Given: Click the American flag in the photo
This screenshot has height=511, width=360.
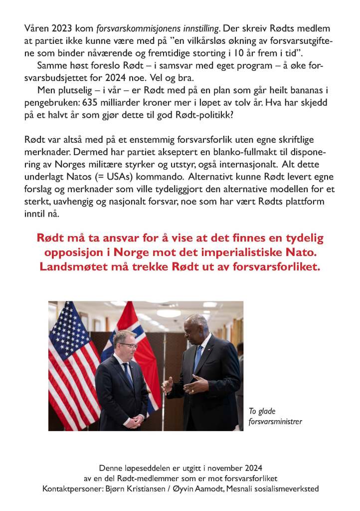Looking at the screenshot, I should pyautogui.click(x=70, y=359).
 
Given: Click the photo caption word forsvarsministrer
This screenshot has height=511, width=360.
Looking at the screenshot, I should pyautogui.click(x=275, y=422).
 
